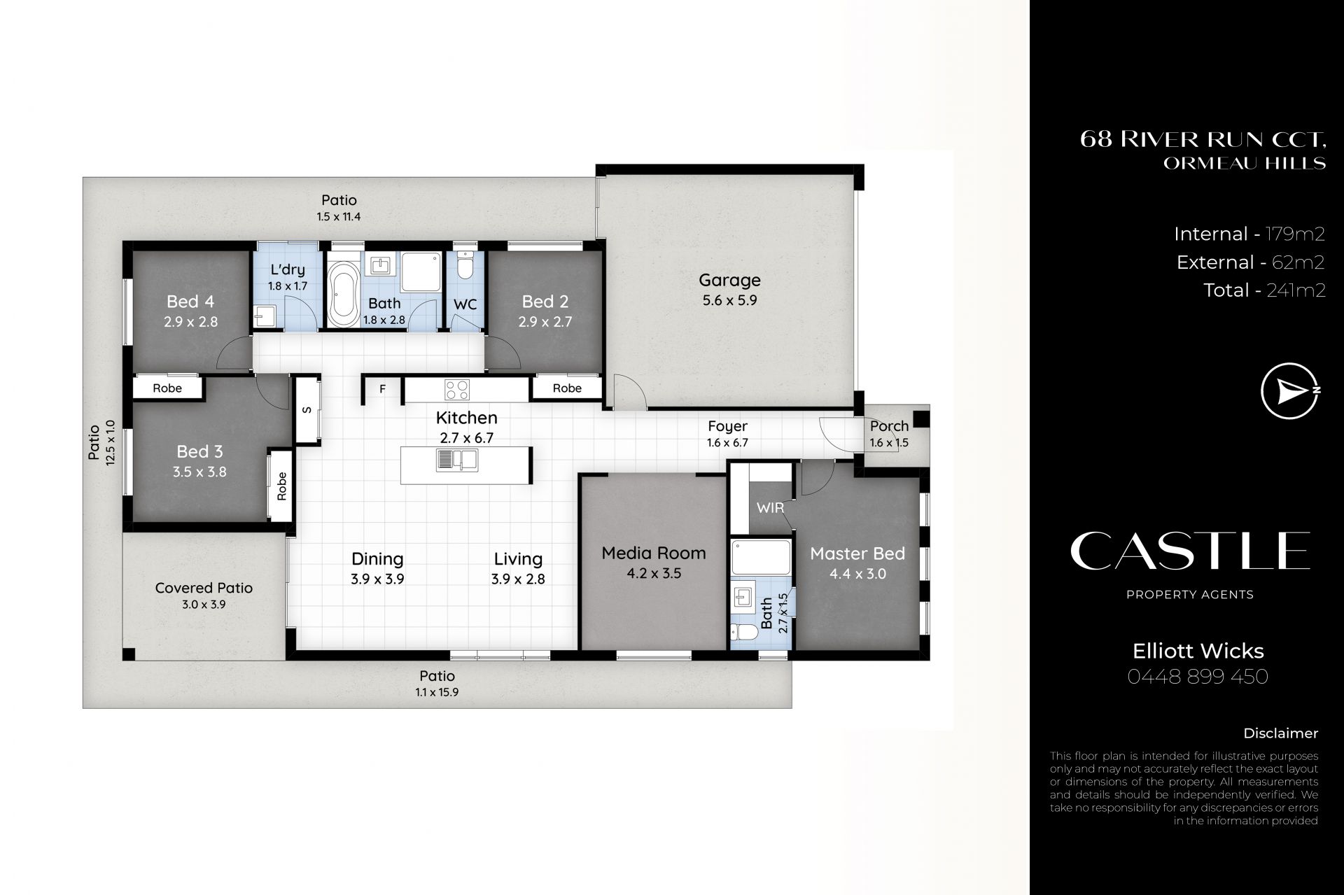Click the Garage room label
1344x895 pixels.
[x=729, y=280]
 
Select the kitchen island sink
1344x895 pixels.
[x=456, y=459]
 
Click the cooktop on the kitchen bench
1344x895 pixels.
[x=457, y=388]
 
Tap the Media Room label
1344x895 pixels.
[x=654, y=553]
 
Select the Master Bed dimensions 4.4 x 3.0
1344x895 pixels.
[x=857, y=574]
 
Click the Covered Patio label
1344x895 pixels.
[x=204, y=588]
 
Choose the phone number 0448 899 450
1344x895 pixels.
[x=1198, y=677]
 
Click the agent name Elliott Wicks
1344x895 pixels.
[x=1198, y=651]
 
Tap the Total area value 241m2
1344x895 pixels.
[x=1296, y=290]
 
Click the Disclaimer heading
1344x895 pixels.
[x=1280, y=733]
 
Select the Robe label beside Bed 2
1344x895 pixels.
[x=567, y=388]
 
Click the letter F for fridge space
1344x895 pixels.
[x=382, y=389]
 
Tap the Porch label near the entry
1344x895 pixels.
[x=889, y=425]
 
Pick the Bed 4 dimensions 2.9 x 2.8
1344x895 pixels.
[x=190, y=322]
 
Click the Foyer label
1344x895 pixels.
[x=727, y=425]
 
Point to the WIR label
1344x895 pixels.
[x=770, y=507]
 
